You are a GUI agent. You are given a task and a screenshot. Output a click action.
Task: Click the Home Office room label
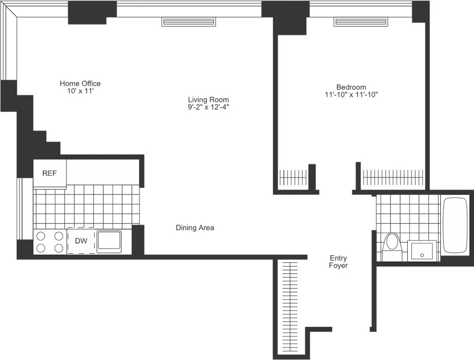(x=80, y=83)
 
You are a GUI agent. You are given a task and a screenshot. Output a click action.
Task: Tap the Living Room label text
(x=208, y=100)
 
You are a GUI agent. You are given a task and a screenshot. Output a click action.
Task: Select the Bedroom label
(x=351, y=87)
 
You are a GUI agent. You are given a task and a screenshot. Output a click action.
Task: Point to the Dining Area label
(x=195, y=228)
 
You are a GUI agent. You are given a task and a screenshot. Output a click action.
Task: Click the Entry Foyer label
(x=338, y=262)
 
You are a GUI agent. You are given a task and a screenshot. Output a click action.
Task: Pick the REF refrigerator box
(x=49, y=174)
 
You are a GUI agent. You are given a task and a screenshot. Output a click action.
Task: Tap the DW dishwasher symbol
(x=81, y=241)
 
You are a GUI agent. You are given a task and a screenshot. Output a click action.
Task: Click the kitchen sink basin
(x=109, y=241)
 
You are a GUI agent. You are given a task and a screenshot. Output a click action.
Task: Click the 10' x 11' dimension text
(x=80, y=91)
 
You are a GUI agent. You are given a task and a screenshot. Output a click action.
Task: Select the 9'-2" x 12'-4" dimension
(x=208, y=107)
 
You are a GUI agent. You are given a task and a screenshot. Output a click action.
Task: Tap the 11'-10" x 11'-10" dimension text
(x=351, y=94)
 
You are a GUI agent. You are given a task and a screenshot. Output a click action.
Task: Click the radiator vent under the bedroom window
(x=361, y=22)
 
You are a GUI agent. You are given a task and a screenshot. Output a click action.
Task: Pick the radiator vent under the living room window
(x=189, y=22)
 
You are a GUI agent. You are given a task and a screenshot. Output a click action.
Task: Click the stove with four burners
(x=49, y=241)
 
